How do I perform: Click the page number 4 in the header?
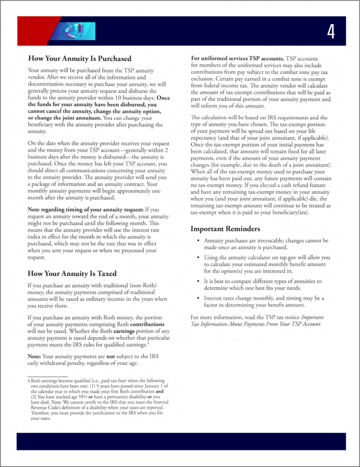(331, 31)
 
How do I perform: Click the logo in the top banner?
(77, 31)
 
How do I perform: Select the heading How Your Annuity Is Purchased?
(80, 58)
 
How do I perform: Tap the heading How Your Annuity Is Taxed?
(72, 274)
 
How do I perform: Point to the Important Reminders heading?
(225, 228)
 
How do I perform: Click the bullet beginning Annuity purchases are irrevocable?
(266, 244)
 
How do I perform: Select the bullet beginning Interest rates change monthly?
(263, 301)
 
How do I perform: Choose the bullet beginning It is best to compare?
(262, 285)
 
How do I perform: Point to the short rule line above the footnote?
(44, 376)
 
